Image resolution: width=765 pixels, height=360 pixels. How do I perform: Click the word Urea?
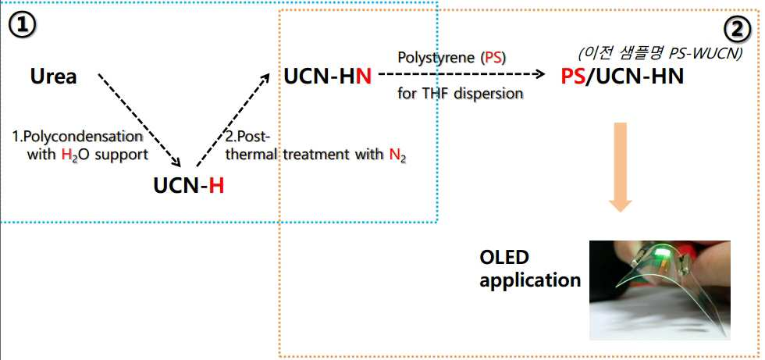coord(54,77)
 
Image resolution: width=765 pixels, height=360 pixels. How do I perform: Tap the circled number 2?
coord(737,30)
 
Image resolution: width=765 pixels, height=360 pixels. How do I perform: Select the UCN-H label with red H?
coord(189,186)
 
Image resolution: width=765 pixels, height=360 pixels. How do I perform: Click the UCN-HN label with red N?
coord(327,77)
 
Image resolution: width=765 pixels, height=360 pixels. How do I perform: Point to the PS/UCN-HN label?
coord(622,77)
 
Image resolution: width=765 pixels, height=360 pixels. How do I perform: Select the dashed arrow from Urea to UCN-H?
coord(141,120)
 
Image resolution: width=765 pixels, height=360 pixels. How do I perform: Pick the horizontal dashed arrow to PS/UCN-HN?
coord(461,75)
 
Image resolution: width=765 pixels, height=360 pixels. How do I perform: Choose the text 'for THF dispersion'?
coord(461,93)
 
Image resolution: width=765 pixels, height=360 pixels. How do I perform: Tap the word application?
coord(530,281)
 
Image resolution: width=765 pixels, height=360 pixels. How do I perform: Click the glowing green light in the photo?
coord(662,253)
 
